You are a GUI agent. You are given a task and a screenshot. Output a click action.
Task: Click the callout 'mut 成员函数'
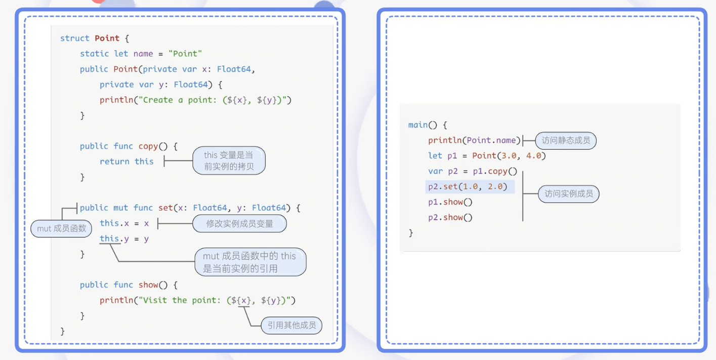[62, 228]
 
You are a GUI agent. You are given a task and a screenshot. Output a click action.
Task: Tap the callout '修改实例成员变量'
[239, 223]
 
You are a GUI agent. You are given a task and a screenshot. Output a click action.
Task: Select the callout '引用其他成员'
[291, 325]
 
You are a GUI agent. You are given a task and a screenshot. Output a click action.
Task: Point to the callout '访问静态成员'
[566, 140]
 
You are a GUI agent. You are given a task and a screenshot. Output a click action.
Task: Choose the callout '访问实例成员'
[568, 193]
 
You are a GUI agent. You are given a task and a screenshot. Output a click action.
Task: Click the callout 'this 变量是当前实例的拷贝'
[229, 161]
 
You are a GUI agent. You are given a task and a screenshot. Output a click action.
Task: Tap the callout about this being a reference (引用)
[250, 262]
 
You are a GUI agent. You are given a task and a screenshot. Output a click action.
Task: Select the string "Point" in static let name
[185, 54]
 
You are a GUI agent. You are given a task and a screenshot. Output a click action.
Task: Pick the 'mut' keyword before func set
[121, 208]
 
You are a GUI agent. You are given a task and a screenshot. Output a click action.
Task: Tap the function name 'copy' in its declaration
[148, 146]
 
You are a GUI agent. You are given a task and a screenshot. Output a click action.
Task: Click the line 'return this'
[127, 162]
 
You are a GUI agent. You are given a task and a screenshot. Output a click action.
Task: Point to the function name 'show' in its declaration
[148, 285]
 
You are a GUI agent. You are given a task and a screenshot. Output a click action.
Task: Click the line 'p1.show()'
[450, 202]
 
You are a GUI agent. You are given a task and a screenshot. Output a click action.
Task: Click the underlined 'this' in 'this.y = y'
[109, 238]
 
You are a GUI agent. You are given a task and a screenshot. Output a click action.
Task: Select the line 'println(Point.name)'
[474, 140]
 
